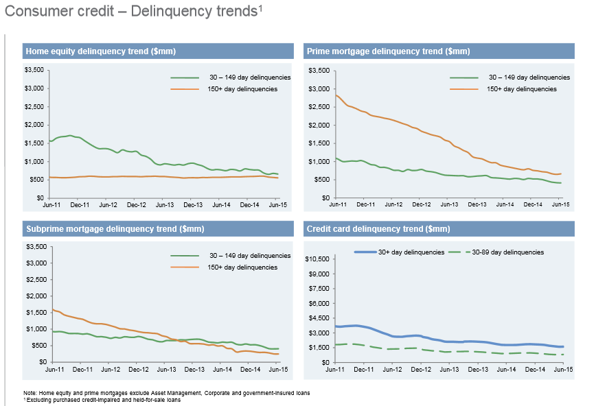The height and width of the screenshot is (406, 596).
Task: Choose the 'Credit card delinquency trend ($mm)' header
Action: coord(379,228)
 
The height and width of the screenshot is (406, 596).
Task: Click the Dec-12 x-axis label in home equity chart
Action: coord(136,204)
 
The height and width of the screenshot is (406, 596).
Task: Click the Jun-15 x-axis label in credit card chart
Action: coord(562,369)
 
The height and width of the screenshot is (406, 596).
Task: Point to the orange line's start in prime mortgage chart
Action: coord(337,95)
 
